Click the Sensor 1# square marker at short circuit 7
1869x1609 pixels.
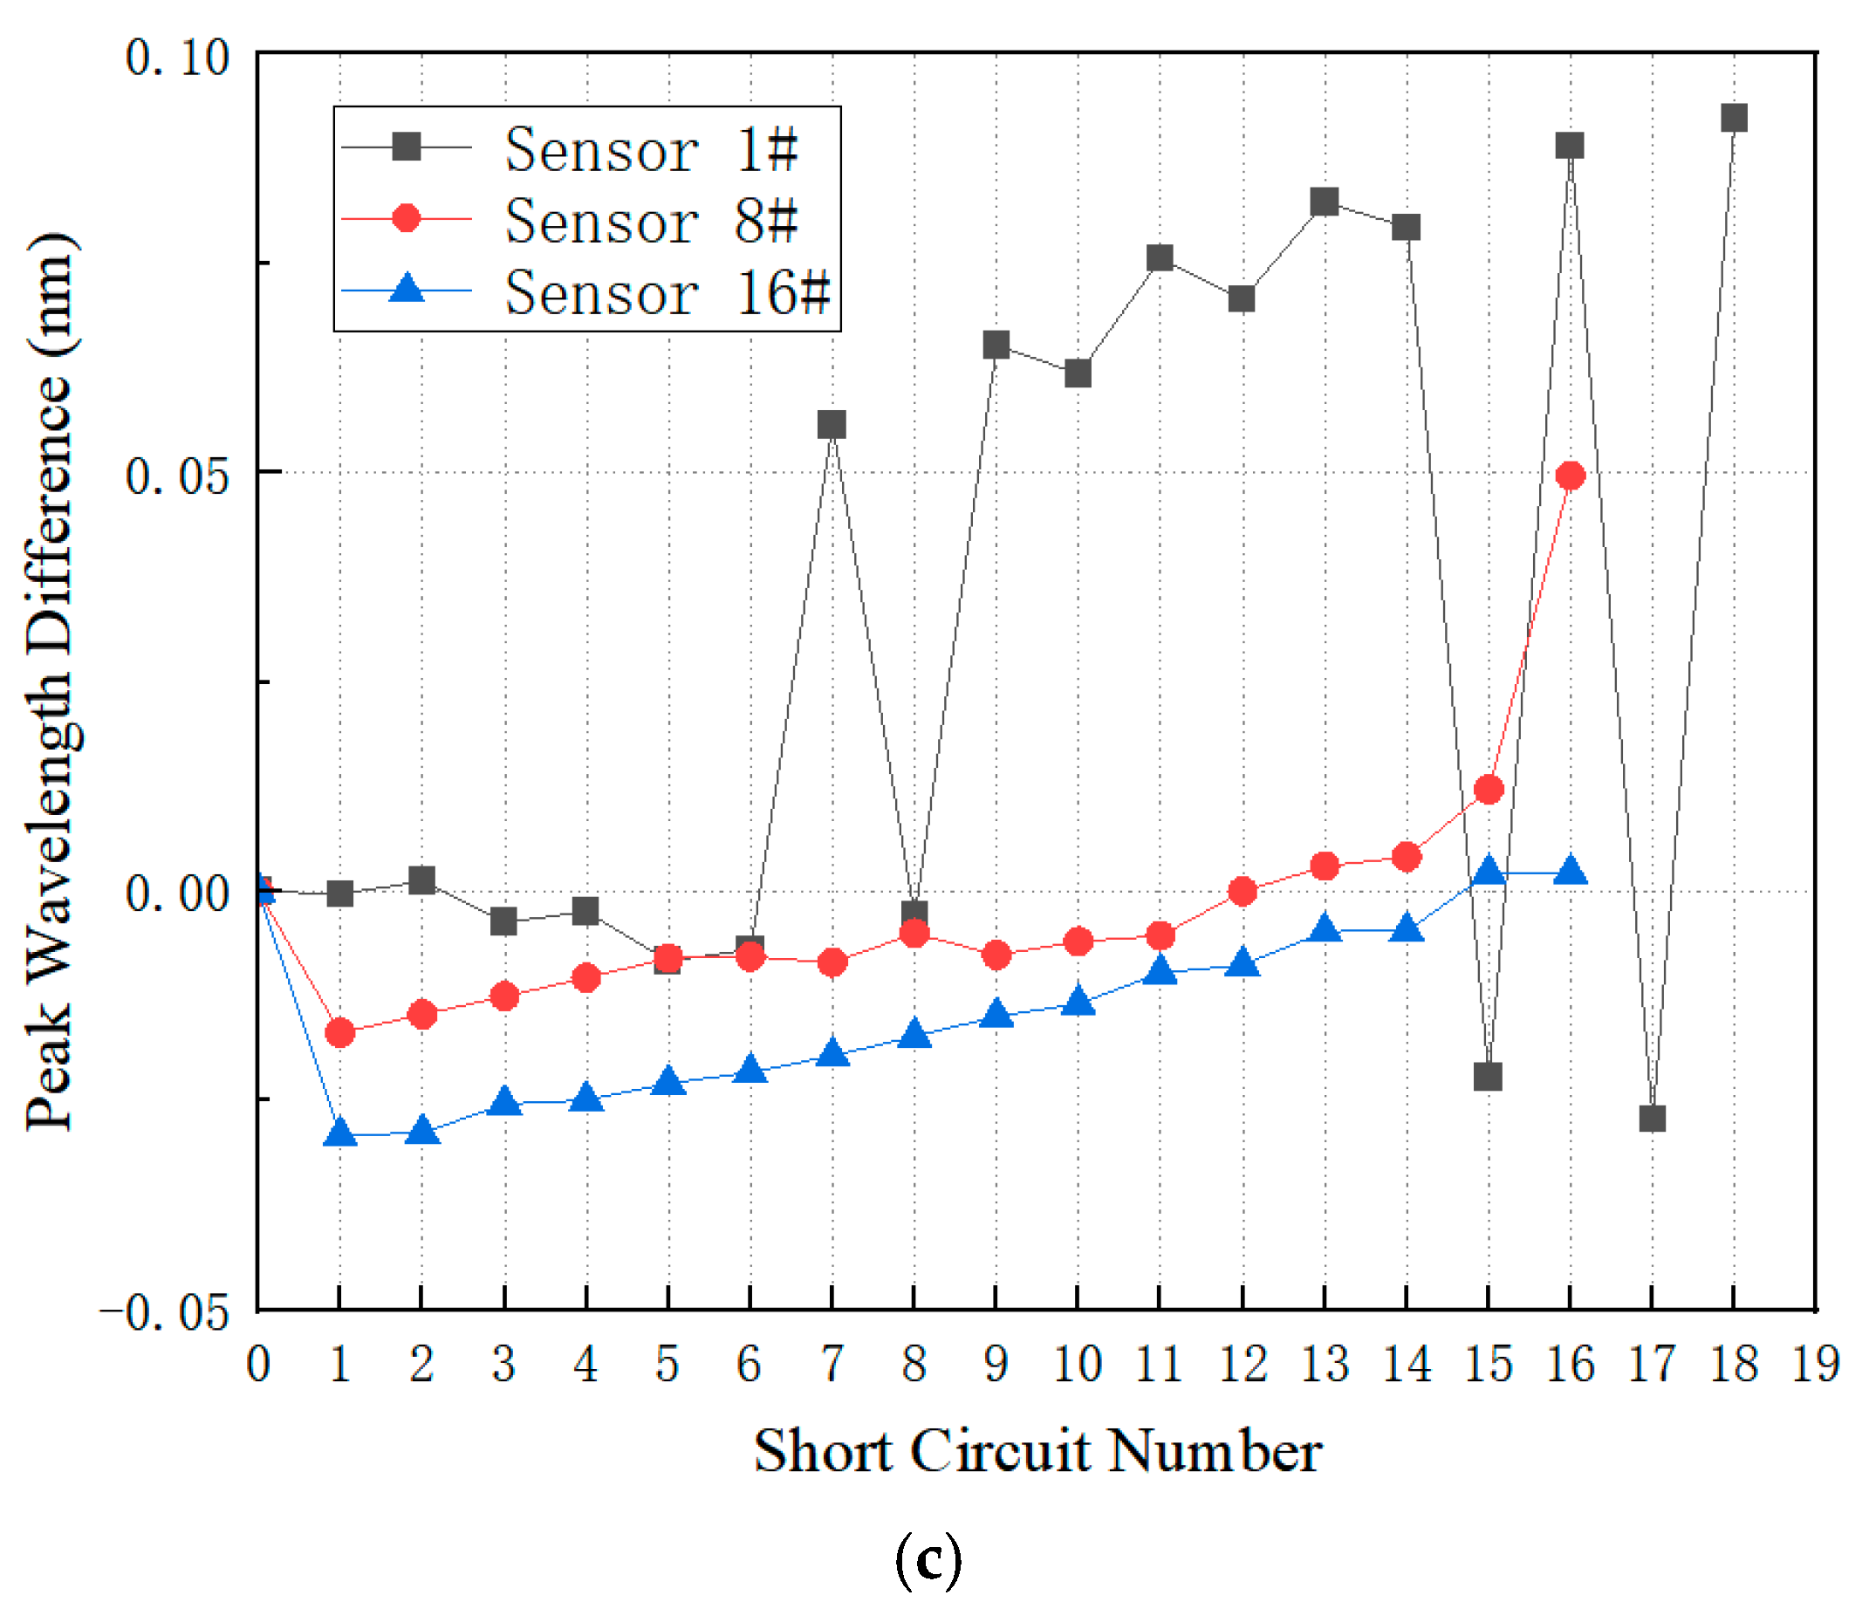[832, 425]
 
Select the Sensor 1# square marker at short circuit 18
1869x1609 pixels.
[1734, 118]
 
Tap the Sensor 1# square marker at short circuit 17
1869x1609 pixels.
[1652, 1119]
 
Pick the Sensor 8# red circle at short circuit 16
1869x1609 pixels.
[1571, 476]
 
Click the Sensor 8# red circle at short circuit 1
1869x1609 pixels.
[340, 1033]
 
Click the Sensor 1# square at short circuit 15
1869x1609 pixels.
[1488, 1077]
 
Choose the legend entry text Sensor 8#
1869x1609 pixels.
[650, 221]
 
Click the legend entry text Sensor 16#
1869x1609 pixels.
[666, 293]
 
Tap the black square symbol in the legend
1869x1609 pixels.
[407, 146]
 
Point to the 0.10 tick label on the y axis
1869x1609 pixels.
[177, 58]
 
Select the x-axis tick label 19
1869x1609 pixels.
[1815, 1364]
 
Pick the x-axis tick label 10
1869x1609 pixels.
[1077, 1364]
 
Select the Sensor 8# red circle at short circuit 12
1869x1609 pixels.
[1243, 892]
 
